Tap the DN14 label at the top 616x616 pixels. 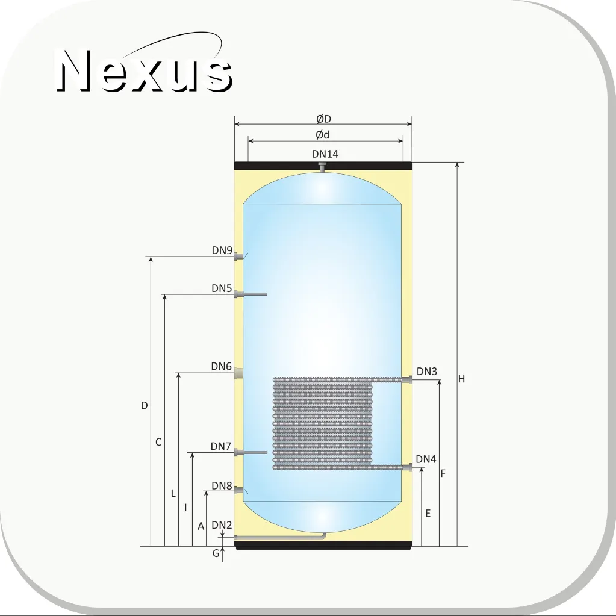[x=325, y=154]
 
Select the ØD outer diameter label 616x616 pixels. [x=324, y=119]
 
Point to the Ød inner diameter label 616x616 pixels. [x=323, y=135]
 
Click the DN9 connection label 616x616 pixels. [x=222, y=250]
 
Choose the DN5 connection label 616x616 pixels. [x=222, y=288]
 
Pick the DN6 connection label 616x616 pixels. [x=221, y=366]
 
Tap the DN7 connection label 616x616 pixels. [x=221, y=446]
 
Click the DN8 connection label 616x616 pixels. [x=222, y=485]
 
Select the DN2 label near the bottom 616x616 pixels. [x=222, y=525]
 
